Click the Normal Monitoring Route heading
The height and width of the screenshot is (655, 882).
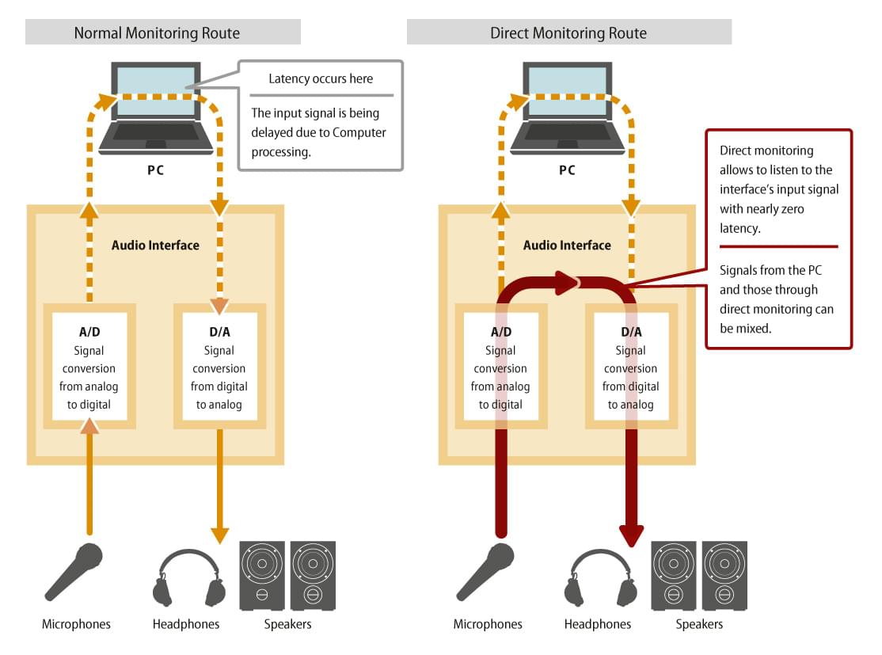pyautogui.click(x=157, y=32)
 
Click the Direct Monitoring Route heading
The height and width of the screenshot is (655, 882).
pyautogui.click(x=568, y=32)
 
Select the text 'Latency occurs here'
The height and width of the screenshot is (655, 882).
pyautogui.click(x=321, y=78)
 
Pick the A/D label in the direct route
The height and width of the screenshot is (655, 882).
pyautogui.click(x=500, y=332)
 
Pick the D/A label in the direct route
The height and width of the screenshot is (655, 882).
pyautogui.click(x=631, y=332)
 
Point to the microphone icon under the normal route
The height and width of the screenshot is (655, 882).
pyautogui.click(x=74, y=571)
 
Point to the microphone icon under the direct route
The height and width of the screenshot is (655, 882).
pyautogui.click(x=485, y=571)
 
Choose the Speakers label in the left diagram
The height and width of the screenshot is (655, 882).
pyautogui.click(x=287, y=624)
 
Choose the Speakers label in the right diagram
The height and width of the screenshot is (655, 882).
pyautogui.click(x=699, y=624)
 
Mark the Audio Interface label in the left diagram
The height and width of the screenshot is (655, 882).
pyautogui.click(x=155, y=245)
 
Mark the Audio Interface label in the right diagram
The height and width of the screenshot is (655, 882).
pyautogui.click(x=567, y=245)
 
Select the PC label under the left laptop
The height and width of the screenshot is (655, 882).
pyautogui.click(x=155, y=170)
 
